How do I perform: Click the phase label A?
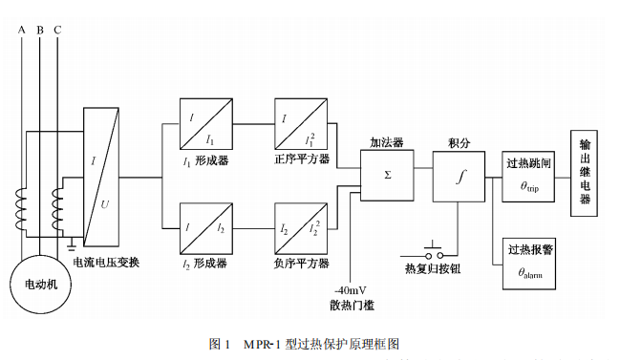22,30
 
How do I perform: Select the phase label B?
39,30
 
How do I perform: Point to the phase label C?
57,30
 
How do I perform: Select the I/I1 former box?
205,122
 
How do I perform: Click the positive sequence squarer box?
301,122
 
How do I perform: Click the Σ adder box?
387,176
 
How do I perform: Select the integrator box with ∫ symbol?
460,176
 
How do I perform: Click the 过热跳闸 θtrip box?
529,176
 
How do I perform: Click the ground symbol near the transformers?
72,243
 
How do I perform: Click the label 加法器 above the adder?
386,141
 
